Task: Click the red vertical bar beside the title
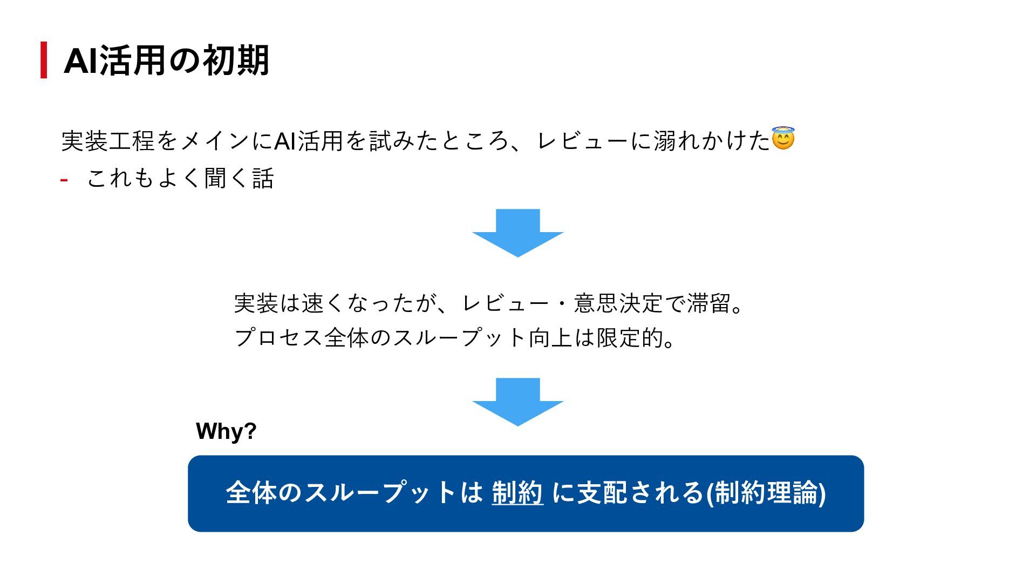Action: click(44, 60)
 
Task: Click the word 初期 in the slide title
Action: click(235, 60)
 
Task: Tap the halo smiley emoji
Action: click(783, 139)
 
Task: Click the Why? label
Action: click(226, 431)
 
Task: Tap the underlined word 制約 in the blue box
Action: click(517, 493)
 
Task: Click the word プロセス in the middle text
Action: click(278, 338)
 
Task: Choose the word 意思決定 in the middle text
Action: click(618, 303)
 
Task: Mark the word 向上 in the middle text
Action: click(550, 338)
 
